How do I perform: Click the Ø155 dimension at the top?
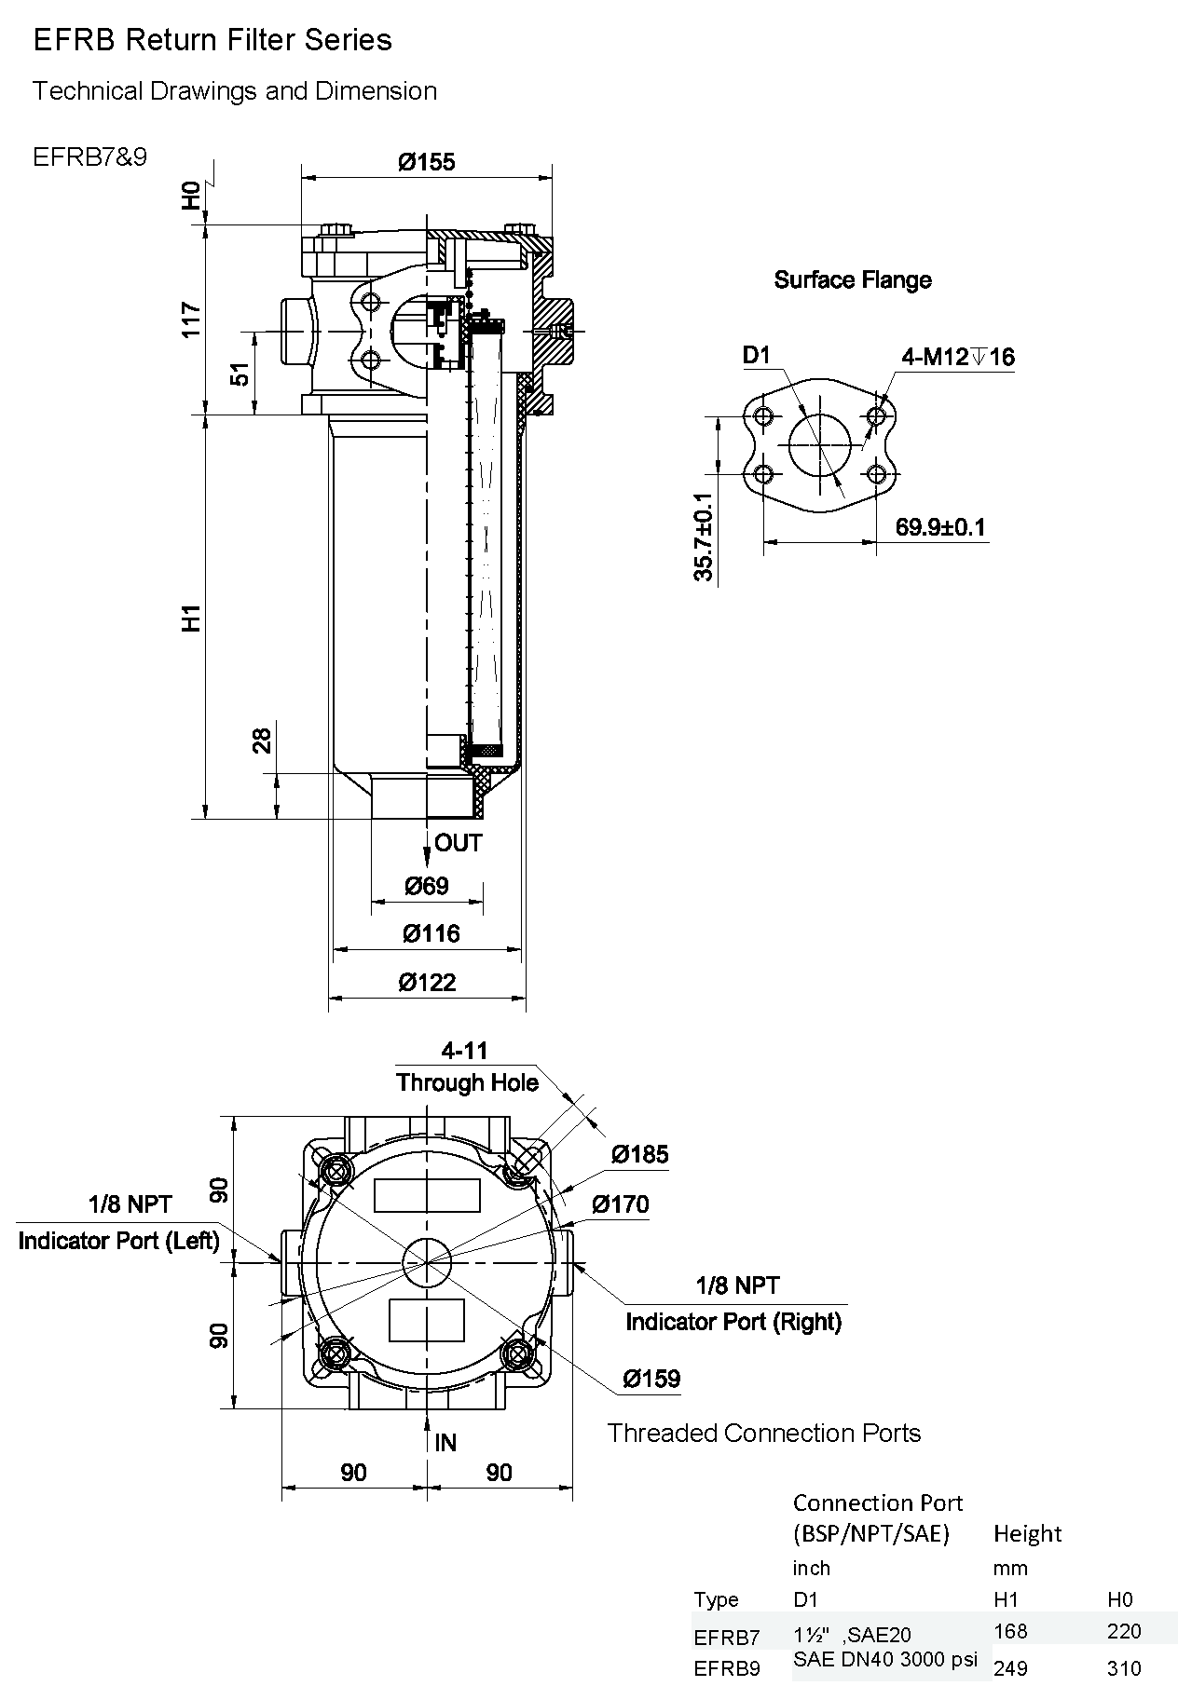[427, 162]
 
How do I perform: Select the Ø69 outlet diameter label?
[427, 886]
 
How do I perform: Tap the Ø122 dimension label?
[428, 982]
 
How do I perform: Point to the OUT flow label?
[459, 843]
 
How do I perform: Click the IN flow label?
[445, 1443]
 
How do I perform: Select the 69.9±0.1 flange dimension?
[940, 527]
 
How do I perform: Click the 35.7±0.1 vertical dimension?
[704, 537]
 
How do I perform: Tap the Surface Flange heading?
[853, 279]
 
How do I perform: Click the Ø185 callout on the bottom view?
[640, 1155]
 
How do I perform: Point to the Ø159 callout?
[651, 1379]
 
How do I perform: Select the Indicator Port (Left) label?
[118, 1241]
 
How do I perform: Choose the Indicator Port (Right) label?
[733, 1322]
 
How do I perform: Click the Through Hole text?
[467, 1082]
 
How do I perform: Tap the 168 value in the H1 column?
[1010, 1630]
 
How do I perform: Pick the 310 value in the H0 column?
[1124, 1667]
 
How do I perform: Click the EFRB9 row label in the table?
[727, 1668]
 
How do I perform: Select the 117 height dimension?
[191, 320]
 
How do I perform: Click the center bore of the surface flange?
[819, 445]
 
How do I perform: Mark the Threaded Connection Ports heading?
[763, 1433]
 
